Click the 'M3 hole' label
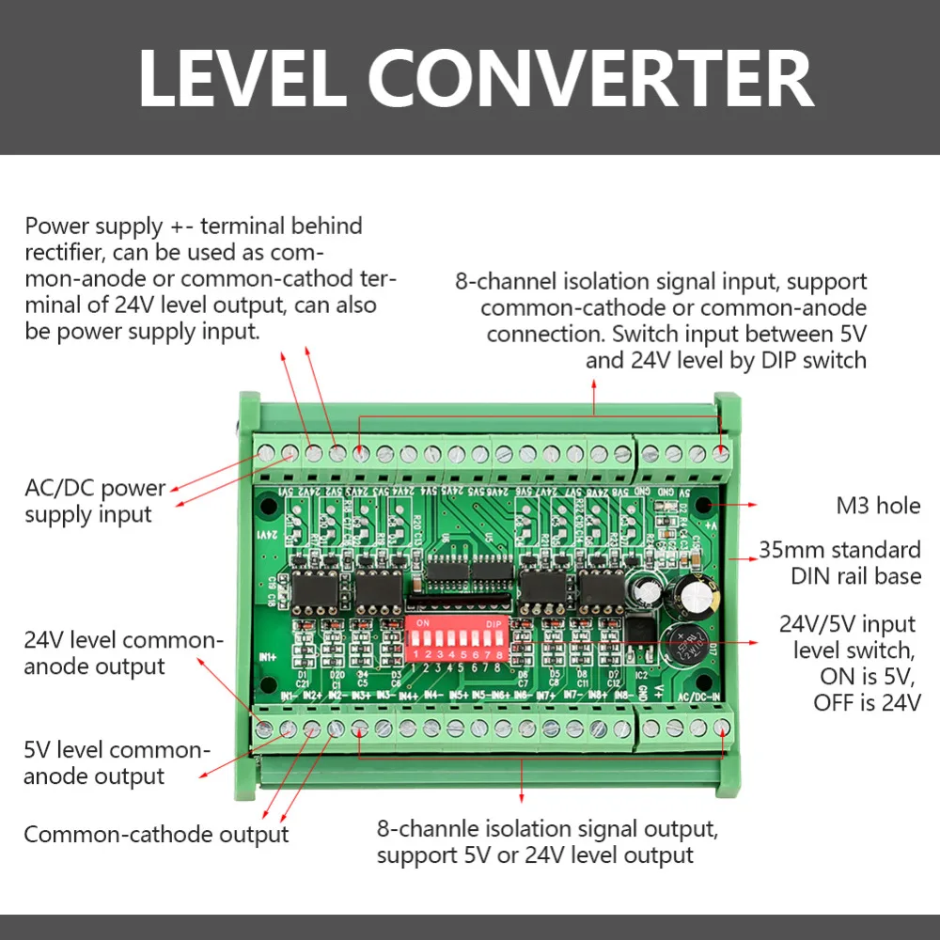pyautogui.click(x=878, y=506)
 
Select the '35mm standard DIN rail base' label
pyautogui.click(x=853, y=562)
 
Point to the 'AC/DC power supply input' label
pyautogui.click(x=94, y=501)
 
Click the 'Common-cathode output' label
pyautogui.click(x=156, y=835)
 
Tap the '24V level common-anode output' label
pyautogui.click(x=123, y=653)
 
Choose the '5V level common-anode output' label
pyautogui.click(x=114, y=763)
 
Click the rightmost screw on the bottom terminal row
pyautogui.click(x=721, y=727)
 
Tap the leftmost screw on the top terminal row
pyautogui.click(x=267, y=454)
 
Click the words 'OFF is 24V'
pyautogui.click(x=867, y=702)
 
